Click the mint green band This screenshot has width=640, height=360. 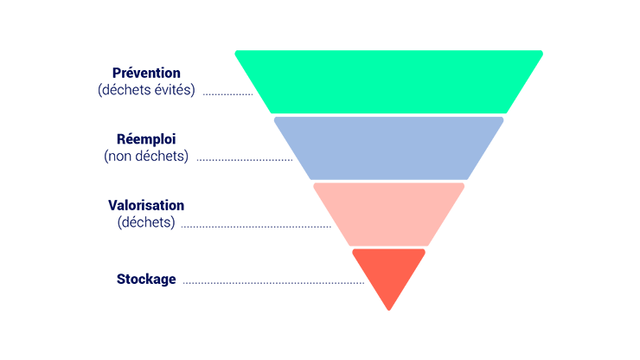click(398, 82)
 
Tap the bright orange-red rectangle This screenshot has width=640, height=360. click(432, 279)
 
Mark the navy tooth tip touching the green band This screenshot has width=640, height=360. click(257, 91)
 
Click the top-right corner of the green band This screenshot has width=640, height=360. click(542, 51)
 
